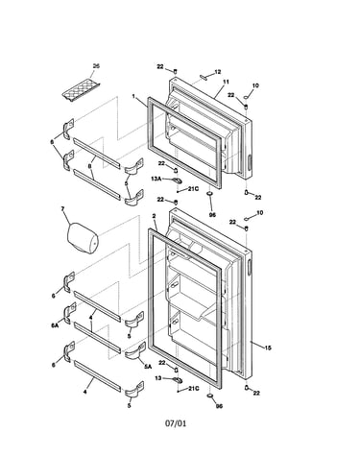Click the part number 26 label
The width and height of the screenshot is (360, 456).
coord(96,66)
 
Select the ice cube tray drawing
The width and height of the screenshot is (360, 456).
coord(81,91)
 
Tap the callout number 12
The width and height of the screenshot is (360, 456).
coord(218,72)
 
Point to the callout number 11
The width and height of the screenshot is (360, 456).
coord(226,82)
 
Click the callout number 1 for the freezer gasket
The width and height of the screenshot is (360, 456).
coord(133,96)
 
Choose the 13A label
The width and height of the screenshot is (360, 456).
coord(156,180)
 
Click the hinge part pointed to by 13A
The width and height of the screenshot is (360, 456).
coord(177,181)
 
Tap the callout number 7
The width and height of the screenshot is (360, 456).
coord(62,208)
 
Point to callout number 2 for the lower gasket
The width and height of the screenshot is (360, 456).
coord(154,216)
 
